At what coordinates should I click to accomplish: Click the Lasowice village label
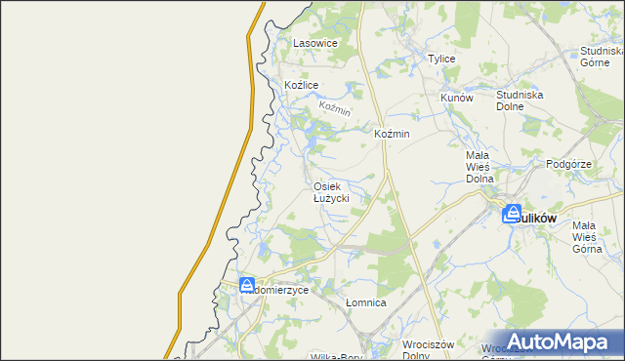point(315,44)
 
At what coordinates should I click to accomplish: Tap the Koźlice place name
point(302,86)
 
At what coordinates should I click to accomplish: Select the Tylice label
point(442,59)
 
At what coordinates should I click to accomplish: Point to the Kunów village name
point(456,99)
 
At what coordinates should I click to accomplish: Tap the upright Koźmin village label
point(392,134)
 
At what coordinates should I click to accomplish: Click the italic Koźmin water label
point(334,109)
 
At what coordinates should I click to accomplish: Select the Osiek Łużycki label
point(331,192)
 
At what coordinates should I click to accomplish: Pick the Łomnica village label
point(366,303)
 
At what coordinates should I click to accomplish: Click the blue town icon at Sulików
point(512,215)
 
